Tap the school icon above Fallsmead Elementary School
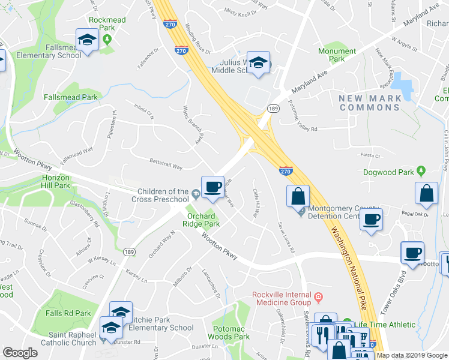87,41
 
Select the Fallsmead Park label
70,97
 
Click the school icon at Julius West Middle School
258,63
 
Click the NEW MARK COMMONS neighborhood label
369,103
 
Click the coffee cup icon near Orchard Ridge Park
212,187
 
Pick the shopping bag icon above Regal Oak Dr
426,193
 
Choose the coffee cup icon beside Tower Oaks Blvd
412,253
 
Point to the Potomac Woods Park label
231,333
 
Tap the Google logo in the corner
20,353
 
